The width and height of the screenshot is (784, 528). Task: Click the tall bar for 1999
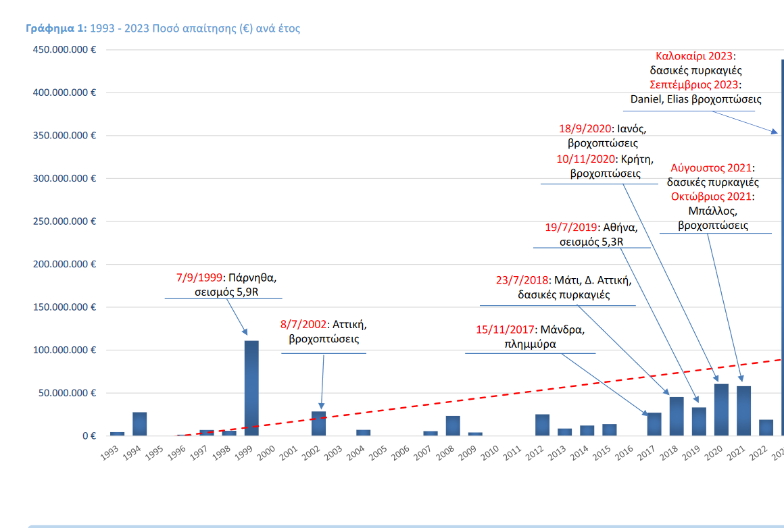[251, 388]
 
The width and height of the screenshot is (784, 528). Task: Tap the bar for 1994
[140, 423]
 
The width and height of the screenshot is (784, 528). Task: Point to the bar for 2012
[542, 425]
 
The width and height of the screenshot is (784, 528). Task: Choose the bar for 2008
[453, 425]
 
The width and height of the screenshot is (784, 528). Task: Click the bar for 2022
[766, 427]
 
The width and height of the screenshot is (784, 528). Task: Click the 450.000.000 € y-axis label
[63, 49]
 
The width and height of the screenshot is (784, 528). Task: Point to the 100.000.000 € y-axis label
[63, 350]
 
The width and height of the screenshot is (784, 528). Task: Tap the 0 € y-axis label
[89, 435]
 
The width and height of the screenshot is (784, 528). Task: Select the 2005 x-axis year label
[377, 452]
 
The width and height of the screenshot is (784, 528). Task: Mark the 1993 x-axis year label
[109, 452]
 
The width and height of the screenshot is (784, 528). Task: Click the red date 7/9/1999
[199, 278]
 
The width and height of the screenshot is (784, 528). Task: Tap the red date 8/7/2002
[303, 324]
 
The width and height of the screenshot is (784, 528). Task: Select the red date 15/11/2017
[505, 330]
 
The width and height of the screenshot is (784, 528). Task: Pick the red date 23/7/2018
[523, 280]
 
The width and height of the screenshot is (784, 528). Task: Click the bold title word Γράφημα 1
[56, 28]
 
